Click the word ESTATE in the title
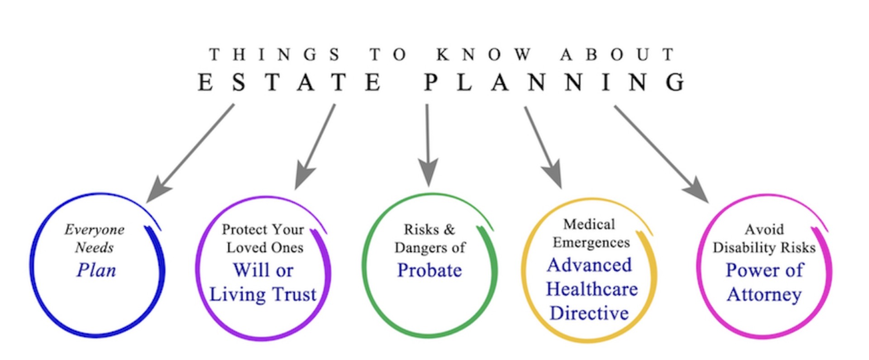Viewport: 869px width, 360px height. click(x=290, y=82)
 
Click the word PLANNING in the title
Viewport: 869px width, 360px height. click(x=555, y=82)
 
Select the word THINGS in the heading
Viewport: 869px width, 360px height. click(x=274, y=55)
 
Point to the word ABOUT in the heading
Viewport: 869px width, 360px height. click(x=618, y=55)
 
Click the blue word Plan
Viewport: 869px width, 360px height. click(x=96, y=270)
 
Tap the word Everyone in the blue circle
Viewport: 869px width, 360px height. click(x=94, y=230)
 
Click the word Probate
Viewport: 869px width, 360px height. click(x=430, y=270)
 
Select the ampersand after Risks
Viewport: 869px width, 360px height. click(x=449, y=230)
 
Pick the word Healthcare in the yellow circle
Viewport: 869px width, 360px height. click(x=592, y=289)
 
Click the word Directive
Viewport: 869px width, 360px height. click(x=589, y=313)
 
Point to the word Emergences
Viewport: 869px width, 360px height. click(x=591, y=243)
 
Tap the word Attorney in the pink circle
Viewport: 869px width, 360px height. click(x=764, y=295)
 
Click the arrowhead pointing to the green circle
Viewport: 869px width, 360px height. click(x=428, y=172)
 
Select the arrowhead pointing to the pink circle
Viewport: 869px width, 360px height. click(x=697, y=190)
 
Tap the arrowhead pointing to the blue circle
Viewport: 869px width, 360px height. click(x=158, y=190)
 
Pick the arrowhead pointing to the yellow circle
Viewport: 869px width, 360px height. click(x=553, y=174)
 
